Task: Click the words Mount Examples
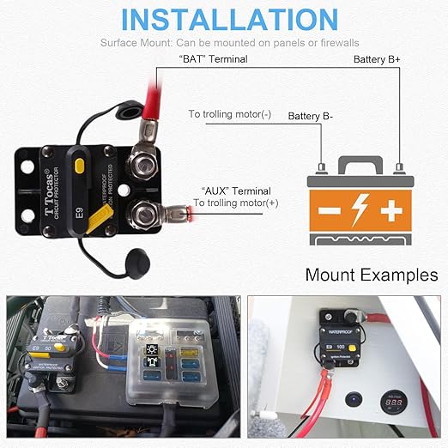(371, 275)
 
